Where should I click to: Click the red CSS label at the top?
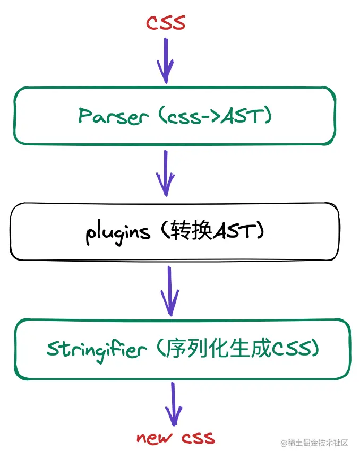[x=165, y=23]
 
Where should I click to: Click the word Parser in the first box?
[x=112, y=116]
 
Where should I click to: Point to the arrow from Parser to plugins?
[x=165, y=172]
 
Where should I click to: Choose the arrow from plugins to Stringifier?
[x=170, y=290]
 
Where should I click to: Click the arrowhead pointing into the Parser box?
[x=165, y=74]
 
